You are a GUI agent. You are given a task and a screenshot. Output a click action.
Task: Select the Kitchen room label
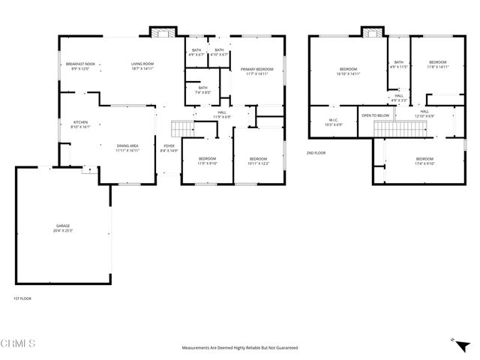tap(80, 125)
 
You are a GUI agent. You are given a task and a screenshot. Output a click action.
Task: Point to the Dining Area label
tap(127, 148)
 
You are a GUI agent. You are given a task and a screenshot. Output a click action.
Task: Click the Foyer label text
tap(169, 148)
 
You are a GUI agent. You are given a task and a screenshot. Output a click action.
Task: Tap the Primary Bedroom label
tap(256, 72)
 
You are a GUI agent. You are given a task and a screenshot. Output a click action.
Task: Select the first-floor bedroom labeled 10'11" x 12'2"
tap(258, 160)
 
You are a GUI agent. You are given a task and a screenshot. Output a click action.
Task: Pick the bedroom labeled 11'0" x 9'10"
tap(207, 160)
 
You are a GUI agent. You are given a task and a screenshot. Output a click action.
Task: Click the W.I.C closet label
tap(334, 121)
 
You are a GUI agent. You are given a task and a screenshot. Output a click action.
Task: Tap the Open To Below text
tap(375, 115)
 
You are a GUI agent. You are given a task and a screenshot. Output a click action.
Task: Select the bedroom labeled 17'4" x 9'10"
tap(424, 160)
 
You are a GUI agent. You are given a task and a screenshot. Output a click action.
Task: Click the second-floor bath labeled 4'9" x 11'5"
tap(398, 64)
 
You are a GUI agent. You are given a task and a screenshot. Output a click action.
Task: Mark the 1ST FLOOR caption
tap(22, 298)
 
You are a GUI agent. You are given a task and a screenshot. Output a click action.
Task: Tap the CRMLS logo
tap(19, 344)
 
